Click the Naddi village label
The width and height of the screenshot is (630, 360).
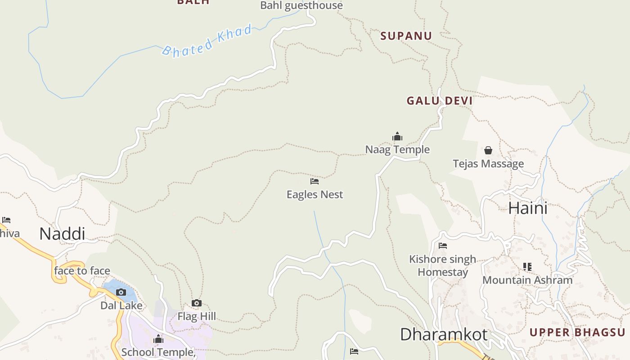pyautogui.click(x=62, y=234)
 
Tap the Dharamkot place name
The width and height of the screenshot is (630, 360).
pyautogui.click(x=443, y=335)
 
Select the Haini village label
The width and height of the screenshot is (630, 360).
pyautogui.click(x=528, y=208)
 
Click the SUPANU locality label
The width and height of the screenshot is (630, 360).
pyautogui.click(x=406, y=36)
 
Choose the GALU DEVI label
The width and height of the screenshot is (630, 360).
pyautogui.click(x=440, y=101)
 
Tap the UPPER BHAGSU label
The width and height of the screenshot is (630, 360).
pyautogui.click(x=577, y=333)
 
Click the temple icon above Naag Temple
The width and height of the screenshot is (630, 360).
pyautogui.click(x=397, y=137)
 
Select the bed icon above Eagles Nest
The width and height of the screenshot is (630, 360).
pyautogui.click(x=315, y=181)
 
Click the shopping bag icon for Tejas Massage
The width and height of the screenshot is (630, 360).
pyautogui.click(x=488, y=150)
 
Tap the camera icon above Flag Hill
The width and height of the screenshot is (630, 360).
pyautogui.click(x=197, y=303)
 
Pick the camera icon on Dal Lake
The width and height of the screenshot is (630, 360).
pyautogui.click(x=121, y=292)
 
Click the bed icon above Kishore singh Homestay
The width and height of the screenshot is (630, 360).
pyautogui.click(x=443, y=246)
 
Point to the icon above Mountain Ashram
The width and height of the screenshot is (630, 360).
pyautogui.click(x=527, y=267)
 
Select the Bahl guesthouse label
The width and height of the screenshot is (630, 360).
pyautogui.click(x=301, y=5)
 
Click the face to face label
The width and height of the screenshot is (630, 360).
pyautogui.click(x=82, y=271)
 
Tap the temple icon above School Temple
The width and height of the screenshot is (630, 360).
pyautogui.click(x=158, y=339)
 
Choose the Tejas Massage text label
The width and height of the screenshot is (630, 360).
pyautogui.click(x=488, y=164)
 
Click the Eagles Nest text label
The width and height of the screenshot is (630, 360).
pyautogui.click(x=315, y=195)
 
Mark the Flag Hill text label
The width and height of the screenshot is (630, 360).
pyautogui.click(x=197, y=316)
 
